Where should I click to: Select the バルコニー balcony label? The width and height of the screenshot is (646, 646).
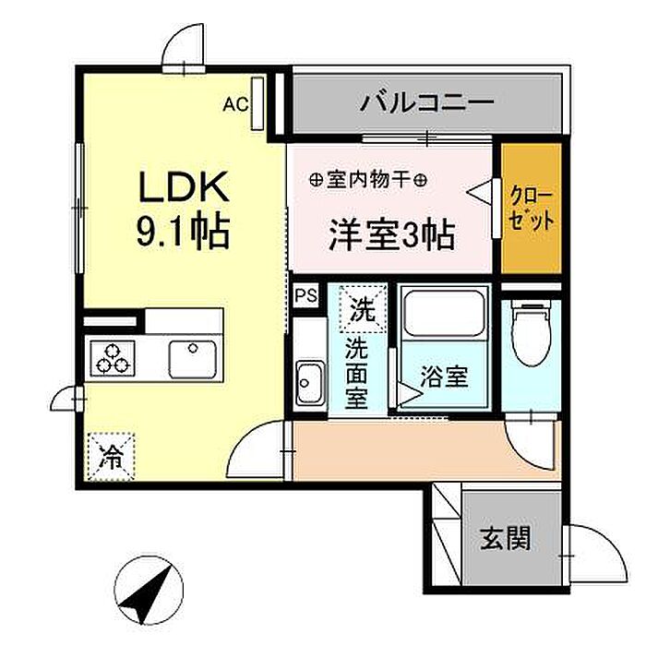click(x=427, y=101)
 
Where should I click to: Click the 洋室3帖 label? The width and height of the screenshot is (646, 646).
click(x=391, y=235)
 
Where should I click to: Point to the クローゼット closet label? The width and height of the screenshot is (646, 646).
click(x=532, y=209)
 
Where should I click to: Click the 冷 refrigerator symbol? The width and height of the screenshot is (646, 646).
click(x=112, y=456)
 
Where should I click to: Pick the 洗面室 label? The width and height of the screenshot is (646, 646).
click(x=356, y=374)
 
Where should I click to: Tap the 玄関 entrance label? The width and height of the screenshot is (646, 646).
click(x=505, y=537)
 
